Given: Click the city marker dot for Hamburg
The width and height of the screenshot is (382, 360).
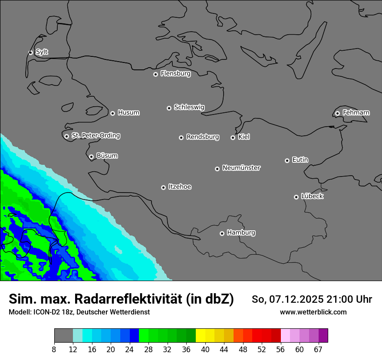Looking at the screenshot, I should coord(222,233).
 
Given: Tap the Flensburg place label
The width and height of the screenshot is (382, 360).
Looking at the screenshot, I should coord(175,74).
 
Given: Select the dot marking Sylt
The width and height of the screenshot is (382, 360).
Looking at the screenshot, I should coord(31,52).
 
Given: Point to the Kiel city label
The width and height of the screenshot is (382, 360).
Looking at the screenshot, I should coord(244,137).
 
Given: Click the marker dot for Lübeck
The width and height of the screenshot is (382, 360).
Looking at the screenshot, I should coord(296,197).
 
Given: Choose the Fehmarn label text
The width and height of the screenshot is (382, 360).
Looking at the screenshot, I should coord(356,113).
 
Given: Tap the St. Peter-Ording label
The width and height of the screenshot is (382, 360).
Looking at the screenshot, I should coord(95,136).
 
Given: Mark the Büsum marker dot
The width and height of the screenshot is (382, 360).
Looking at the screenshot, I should coord(91,157).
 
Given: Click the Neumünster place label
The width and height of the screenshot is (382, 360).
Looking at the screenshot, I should coord(241,168).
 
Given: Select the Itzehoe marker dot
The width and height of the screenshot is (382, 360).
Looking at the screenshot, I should coord(163,187).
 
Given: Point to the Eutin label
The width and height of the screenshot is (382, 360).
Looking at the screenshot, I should coord(300,160).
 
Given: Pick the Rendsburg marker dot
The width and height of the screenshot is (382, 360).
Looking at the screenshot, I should coord(181,137).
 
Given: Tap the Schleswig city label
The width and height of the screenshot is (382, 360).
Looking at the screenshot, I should coord(189,107).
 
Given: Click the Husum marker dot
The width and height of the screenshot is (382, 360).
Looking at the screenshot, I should coord(112,113).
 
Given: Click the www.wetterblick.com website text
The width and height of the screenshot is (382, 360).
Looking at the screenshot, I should coord(313,312).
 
